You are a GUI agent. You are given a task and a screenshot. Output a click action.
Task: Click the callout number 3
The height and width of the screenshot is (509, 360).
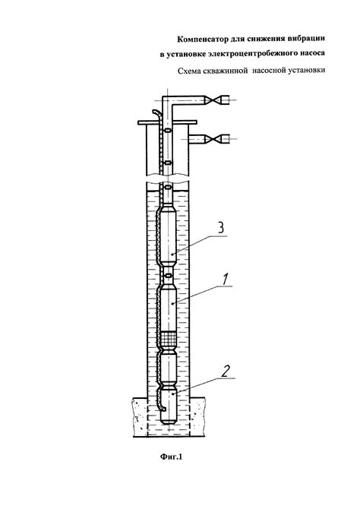coord(221,228)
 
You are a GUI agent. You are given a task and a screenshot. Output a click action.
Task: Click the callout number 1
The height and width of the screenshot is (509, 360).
coord(226,280)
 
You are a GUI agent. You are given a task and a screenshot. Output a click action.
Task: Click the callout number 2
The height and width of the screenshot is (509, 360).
coord(226,371)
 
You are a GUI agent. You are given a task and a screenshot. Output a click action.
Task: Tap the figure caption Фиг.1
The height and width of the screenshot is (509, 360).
coord(171,457)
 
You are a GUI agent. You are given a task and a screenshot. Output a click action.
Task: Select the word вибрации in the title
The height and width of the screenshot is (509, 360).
coord(306,38)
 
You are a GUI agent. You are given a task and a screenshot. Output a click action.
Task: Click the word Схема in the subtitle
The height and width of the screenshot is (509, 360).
coord(189,71)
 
